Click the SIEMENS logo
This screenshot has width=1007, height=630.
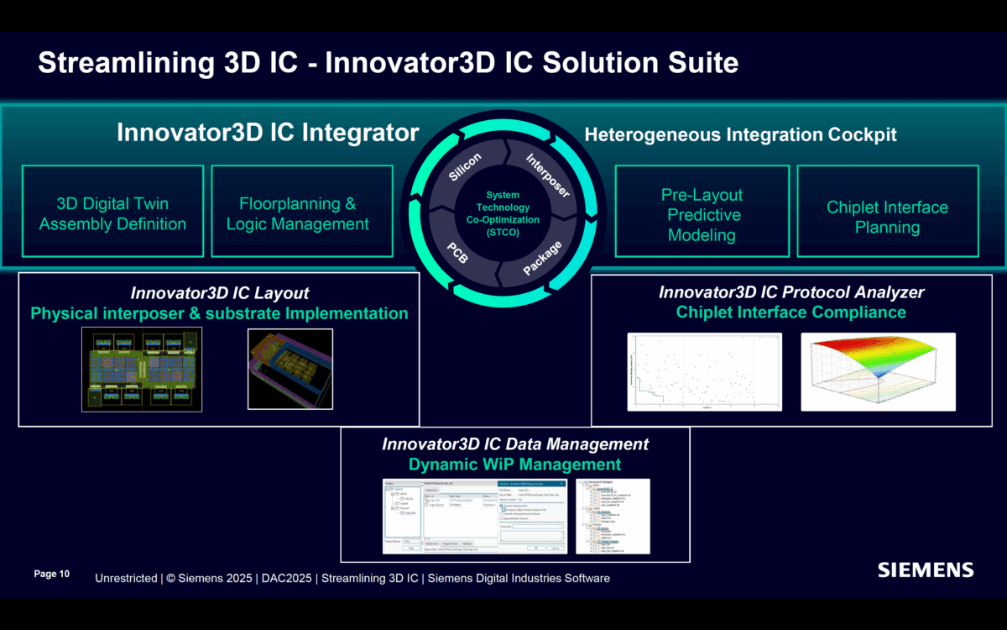coord(926,570)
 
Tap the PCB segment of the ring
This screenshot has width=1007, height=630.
coord(457,251)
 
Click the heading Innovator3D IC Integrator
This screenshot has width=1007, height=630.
coord(268,133)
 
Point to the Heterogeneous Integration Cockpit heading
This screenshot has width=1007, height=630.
coord(740,134)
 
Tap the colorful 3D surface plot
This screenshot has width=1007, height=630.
coord(878,371)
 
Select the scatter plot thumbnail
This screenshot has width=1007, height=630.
coord(704,371)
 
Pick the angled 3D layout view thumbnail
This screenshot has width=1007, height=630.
coord(290,369)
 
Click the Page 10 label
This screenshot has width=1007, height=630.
coord(51,574)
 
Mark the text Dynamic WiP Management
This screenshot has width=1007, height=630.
coord(514,465)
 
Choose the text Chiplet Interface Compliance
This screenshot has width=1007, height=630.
coord(790,312)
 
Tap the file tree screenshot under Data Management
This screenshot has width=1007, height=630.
coord(613,516)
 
